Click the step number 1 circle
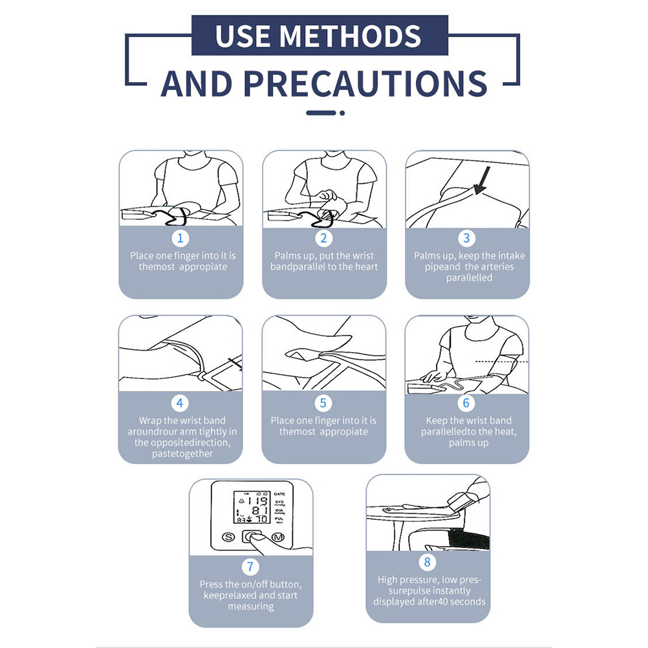[180, 238]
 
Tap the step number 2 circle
[323, 238]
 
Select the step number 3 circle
[466, 238]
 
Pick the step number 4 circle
[180, 403]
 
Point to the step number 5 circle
[323, 403]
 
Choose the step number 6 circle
[466, 403]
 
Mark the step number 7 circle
[250, 567]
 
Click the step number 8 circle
[427, 562]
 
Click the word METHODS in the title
[351, 36]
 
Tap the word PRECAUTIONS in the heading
[365, 84]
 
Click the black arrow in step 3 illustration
[482, 180]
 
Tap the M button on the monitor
[278, 537]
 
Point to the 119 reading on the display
[257, 502]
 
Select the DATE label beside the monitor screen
[279, 494]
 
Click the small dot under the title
[342, 113]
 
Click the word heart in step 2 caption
[366, 267]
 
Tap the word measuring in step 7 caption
[251, 607]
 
